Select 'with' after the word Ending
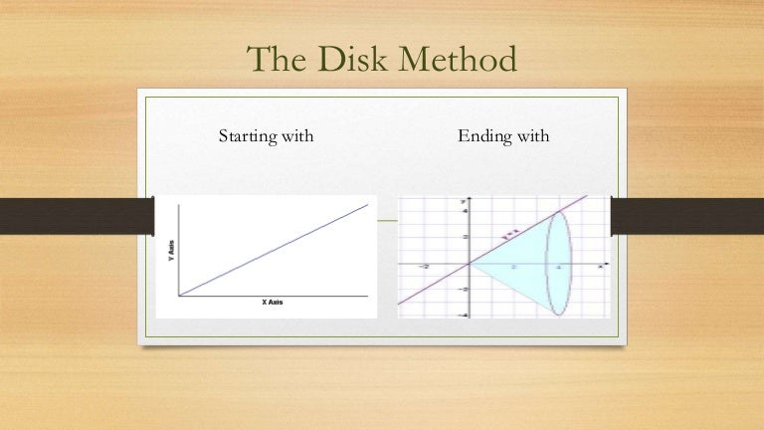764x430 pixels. pyautogui.click(x=526, y=135)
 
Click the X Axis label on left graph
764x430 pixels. pyautogui.click(x=272, y=302)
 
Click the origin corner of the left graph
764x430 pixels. pyautogui.click(x=179, y=296)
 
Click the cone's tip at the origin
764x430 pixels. pyautogui.click(x=470, y=264)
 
